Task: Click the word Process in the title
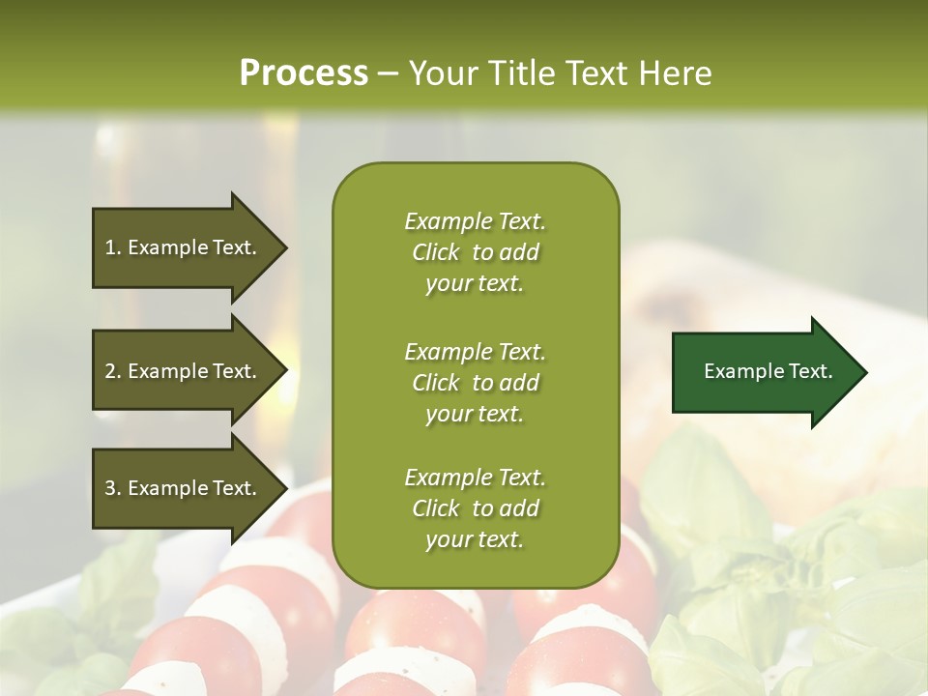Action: (x=304, y=72)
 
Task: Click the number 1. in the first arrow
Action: (x=113, y=247)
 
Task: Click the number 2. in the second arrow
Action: (x=113, y=371)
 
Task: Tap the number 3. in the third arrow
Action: (x=113, y=488)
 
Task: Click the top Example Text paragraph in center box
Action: (x=475, y=252)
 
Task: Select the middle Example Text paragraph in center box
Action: (x=475, y=383)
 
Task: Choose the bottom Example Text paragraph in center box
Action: (x=475, y=508)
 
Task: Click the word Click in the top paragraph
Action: (x=436, y=252)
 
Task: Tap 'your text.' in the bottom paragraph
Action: (x=475, y=539)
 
